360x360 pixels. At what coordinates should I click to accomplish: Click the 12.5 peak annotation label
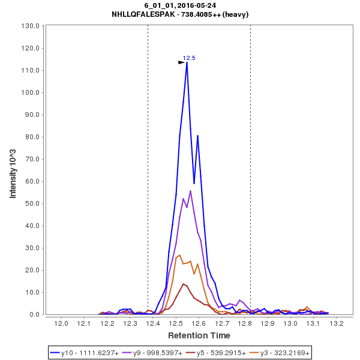point(189,58)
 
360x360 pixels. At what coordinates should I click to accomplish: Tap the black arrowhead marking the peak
point(181,62)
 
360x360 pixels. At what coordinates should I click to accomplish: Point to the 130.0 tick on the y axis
point(31,26)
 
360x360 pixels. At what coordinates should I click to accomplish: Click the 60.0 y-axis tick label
point(31,181)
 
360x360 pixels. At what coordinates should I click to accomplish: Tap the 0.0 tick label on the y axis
point(34,314)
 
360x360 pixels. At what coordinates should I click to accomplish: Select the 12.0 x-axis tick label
point(61,324)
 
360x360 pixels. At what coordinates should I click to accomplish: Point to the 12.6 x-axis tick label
point(199,324)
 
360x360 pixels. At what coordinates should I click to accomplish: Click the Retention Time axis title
point(199,335)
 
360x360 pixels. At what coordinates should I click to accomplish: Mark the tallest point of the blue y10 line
point(187,63)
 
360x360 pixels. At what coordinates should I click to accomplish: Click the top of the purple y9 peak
point(190,191)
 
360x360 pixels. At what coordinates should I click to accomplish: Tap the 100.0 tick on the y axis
point(31,93)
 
